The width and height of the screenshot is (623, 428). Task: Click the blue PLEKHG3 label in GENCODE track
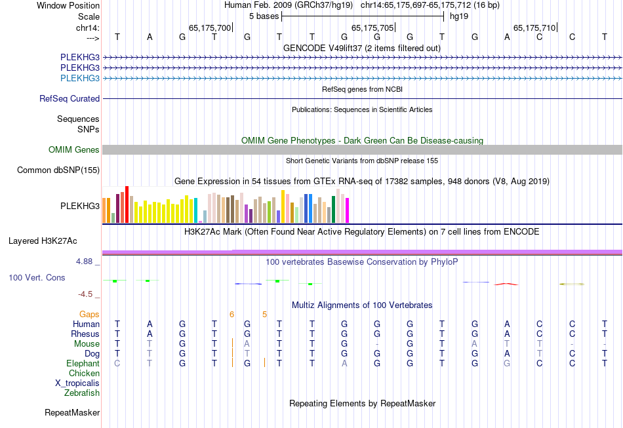tap(80, 78)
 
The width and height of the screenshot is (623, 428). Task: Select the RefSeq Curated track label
tap(70, 99)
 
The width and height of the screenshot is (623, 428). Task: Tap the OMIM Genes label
tap(74, 150)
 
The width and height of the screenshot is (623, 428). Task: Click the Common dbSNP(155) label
tap(58, 170)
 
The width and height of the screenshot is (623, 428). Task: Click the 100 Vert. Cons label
tap(37, 278)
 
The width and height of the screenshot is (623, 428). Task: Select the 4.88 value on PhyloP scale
tap(87, 261)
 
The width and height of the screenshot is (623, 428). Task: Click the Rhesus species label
tap(85, 334)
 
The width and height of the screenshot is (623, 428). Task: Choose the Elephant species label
tap(83, 363)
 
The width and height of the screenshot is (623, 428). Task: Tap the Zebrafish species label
tap(82, 393)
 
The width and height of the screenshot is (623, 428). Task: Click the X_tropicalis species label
tap(77, 383)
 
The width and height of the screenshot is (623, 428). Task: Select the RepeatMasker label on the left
tap(72, 413)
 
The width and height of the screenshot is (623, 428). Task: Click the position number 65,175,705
tap(372, 28)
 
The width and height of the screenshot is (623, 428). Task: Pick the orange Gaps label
tap(89, 315)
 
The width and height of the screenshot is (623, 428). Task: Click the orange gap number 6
tap(231, 315)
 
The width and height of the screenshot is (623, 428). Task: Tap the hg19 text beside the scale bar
tap(458, 15)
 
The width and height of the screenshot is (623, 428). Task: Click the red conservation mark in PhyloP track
tap(506, 284)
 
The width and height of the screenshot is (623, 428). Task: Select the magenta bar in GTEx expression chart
tap(347, 210)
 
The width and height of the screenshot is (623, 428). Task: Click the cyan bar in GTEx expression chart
tap(196, 210)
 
